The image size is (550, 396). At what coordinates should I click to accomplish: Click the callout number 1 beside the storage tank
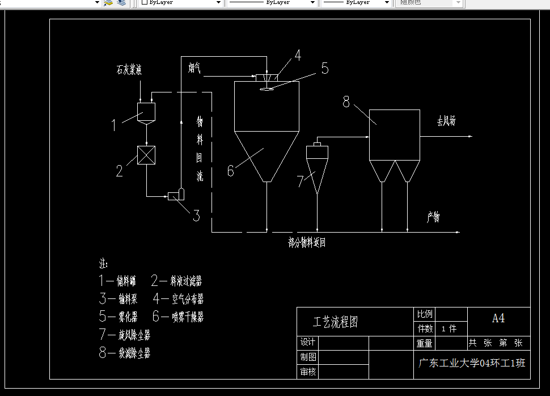[113, 124]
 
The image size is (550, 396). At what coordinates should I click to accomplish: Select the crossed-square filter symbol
[146, 155]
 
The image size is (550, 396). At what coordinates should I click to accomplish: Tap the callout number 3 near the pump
[196, 216]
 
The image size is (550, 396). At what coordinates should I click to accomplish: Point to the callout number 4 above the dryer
[297, 56]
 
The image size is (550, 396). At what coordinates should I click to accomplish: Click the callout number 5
[324, 69]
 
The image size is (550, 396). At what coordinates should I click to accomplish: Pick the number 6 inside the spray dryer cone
[230, 170]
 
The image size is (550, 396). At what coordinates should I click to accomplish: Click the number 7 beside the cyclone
[301, 182]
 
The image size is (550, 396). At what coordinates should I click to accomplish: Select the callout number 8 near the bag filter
[346, 102]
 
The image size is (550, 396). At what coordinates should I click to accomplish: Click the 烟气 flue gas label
[194, 69]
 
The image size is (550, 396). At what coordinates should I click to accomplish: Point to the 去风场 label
[446, 121]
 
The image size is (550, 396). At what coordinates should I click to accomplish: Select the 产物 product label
[434, 217]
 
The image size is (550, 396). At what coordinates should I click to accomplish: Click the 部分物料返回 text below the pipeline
[307, 243]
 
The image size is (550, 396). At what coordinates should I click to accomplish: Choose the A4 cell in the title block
[498, 318]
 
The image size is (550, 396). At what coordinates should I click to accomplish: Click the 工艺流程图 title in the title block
[336, 322]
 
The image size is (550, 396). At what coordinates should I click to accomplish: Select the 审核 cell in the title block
[308, 372]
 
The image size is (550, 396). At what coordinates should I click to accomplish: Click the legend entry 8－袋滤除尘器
[125, 353]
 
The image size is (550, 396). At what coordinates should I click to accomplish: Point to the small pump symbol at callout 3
[176, 195]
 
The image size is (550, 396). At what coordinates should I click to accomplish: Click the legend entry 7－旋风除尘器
[125, 335]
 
